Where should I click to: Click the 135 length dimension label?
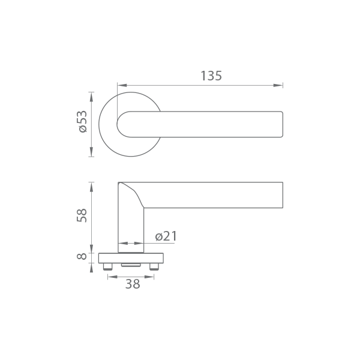click(211, 76)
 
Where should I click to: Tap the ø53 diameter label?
click(83, 121)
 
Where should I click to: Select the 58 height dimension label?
click(82, 215)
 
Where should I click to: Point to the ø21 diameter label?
click(166, 236)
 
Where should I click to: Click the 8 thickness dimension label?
click(82, 256)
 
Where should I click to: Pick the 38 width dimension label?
click(133, 284)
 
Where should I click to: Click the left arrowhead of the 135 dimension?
click(122, 85)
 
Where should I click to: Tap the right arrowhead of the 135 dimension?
click(278, 85)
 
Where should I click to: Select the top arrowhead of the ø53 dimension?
click(91, 97)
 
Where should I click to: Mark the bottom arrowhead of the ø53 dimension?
click(91, 152)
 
